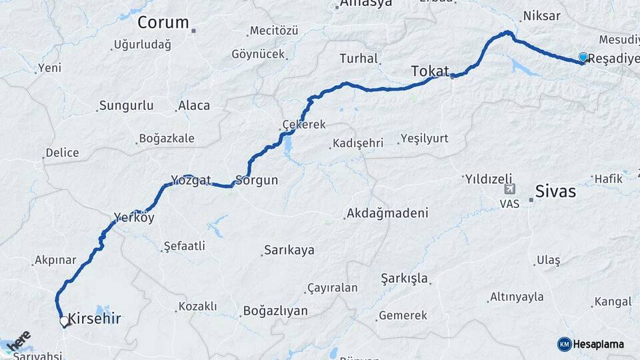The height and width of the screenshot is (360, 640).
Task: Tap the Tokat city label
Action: coord(430,71)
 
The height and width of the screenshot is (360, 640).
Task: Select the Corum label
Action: coord(163,23)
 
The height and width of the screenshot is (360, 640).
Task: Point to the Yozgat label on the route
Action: coord(191,180)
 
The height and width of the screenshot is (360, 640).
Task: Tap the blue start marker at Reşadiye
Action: coord(583,58)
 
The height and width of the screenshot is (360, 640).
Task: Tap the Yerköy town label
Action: coord(134,217)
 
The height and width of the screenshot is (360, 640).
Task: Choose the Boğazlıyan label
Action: coord(275,311)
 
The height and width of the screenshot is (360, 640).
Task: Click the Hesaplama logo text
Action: coord(599,344)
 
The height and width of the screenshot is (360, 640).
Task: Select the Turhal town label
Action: coord(359,59)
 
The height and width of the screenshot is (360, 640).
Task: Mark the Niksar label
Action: coord(541,16)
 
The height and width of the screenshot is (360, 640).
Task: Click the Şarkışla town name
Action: coord(405,277)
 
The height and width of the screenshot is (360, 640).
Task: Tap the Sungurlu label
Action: coord(126,105)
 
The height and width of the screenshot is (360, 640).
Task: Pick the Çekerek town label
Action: coord(304,125)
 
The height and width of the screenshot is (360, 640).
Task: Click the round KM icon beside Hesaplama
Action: coord(564,344)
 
